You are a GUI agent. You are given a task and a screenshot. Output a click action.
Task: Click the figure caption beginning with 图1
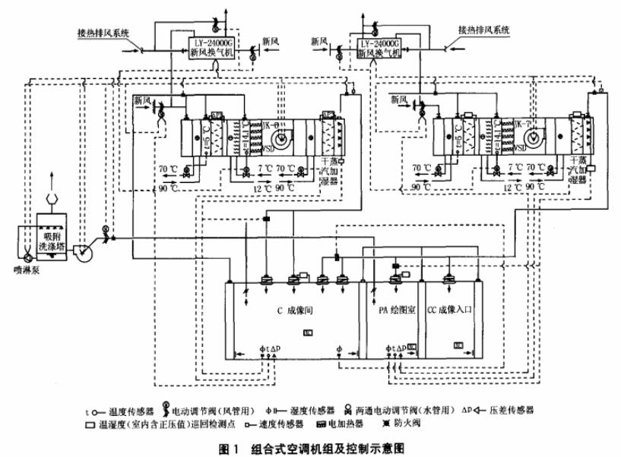click(x=311, y=447)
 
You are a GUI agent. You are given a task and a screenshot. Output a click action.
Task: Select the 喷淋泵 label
click(x=22, y=267)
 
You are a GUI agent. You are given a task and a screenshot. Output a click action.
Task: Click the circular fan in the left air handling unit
click(x=278, y=138)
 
